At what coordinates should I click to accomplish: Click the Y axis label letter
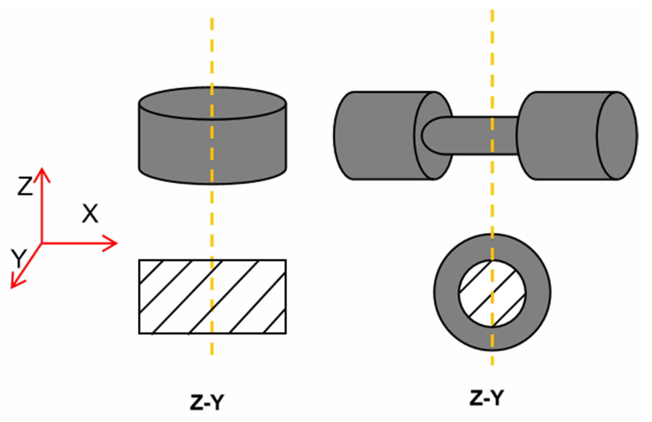[19, 258]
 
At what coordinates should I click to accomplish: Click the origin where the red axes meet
[42, 243]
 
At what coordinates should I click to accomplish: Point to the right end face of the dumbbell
[618, 136]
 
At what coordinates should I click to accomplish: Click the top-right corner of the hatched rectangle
[286, 260]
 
